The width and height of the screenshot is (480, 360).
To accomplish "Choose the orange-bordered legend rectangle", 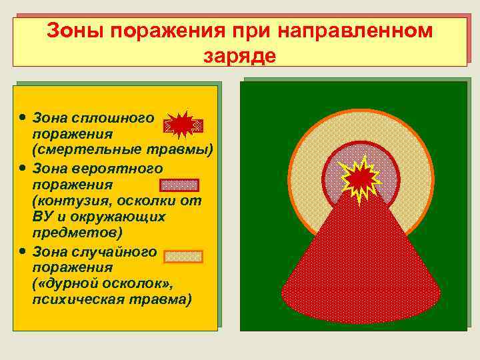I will [183, 257].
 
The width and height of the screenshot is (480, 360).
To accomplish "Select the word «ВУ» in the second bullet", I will [43, 217].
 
